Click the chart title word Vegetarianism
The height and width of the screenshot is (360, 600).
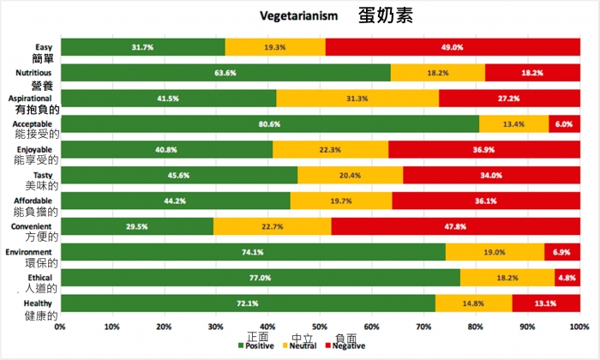pyautogui.click(x=300, y=16)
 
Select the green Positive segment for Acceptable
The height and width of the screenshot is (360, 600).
pyautogui.click(x=271, y=124)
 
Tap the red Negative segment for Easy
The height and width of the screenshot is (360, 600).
pyautogui.click(x=453, y=47)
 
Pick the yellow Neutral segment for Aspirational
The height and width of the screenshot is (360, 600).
pyautogui.click(x=357, y=99)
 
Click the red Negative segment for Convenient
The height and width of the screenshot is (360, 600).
pyautogui.click(x=455, y=226)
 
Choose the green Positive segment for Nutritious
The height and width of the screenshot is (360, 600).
pyautogui.click(x=226, y=73)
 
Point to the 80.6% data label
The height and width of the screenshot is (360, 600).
pyautogui.click(x=271, y=124)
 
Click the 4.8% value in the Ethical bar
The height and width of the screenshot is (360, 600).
pyautogui.click(x=566, y=278)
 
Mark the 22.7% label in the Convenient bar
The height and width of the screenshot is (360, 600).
pyautogui.click(x=272, y=226)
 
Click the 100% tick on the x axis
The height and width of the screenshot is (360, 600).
pyautogui.click(x=579, y=327)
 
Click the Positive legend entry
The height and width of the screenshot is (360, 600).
pyautogui.click(x=260, y=345)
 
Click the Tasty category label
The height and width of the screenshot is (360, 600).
pyautogui.click(x=44, y=175)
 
